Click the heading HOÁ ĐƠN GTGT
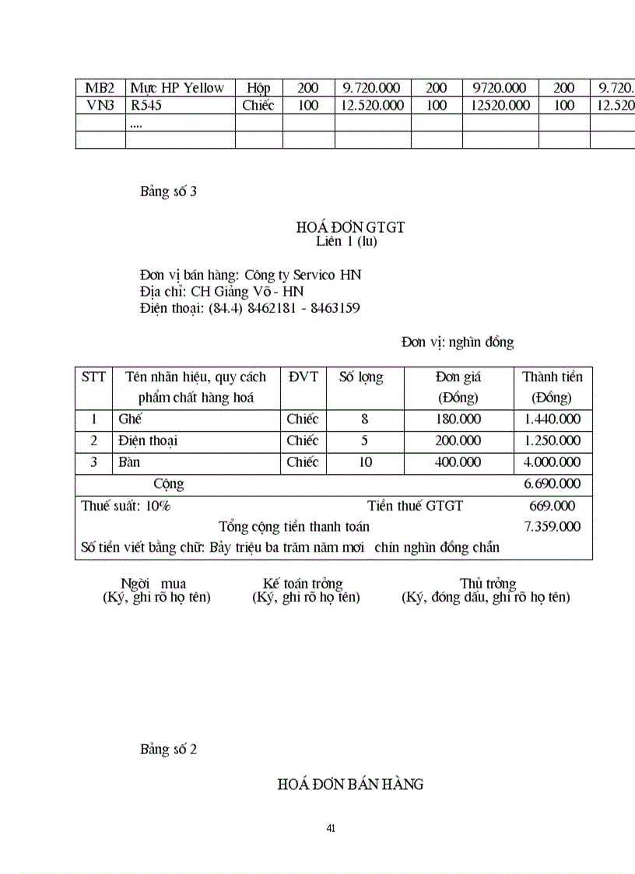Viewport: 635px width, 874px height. click(350, 227)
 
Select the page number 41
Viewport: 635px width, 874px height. click(331, 828)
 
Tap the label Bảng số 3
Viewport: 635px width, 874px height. click(168, 191)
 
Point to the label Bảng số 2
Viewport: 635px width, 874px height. click(168, 749)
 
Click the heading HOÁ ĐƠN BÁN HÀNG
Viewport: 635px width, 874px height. click(350, 784)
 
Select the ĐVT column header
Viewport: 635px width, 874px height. click(303, 377)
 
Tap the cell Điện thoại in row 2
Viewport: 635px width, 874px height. click(148, 441)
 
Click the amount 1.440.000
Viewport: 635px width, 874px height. click(552, 419)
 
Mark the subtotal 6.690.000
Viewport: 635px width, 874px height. click(552, 483)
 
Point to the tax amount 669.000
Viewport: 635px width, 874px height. click(552, 506)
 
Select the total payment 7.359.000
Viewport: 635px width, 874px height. click(552, 527)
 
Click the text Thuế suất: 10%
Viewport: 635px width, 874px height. click(126, 506)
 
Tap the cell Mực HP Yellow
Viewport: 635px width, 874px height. click(177, 88)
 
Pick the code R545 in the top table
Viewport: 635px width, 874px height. click(146, 105)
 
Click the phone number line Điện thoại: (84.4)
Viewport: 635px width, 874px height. click(250, 308)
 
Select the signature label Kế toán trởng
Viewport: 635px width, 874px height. click(303, 584)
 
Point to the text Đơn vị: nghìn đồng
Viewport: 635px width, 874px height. click(458, 342)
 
